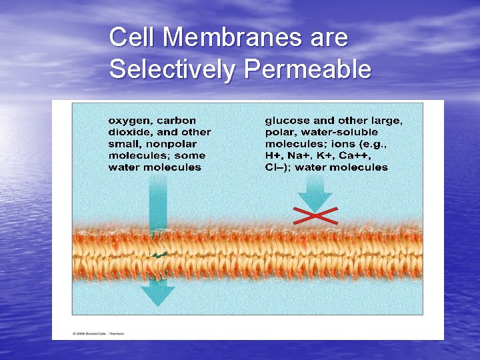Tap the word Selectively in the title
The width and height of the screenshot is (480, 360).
172,69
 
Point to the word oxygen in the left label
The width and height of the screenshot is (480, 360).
129,121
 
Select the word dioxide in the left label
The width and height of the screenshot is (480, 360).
127,132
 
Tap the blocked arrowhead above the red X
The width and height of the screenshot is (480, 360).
315,200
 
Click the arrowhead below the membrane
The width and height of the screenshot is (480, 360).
157,295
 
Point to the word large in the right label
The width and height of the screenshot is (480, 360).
387,121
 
